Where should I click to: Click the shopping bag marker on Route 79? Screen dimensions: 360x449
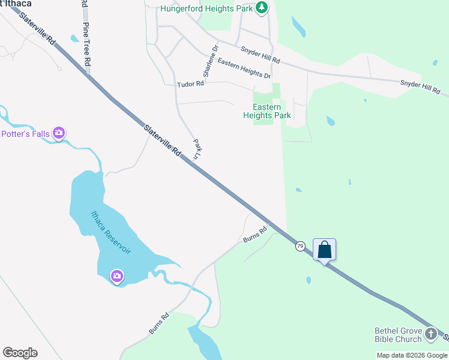coord(324,249)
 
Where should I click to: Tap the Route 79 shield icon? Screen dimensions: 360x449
coord(300,246)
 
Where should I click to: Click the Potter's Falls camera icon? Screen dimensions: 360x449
coord(58,133)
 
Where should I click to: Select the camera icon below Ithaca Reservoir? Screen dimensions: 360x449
coord(117,276)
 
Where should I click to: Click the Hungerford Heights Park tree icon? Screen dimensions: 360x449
coord(261,8)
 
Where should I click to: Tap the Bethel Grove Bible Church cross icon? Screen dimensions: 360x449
coord(430,334)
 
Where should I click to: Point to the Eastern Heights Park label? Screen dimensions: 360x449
coord(267,111)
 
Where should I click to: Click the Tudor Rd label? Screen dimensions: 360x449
coord(191,85)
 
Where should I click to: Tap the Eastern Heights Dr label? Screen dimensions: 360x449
coord(244,68)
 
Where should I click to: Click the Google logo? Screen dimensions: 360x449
coord(20,353)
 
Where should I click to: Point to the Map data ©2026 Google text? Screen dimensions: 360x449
coord(412,355)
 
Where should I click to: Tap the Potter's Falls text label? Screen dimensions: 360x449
coord(25,134)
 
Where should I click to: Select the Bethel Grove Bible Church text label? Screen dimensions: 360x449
coord(398,335)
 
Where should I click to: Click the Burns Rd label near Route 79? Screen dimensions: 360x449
coord(255,235)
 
